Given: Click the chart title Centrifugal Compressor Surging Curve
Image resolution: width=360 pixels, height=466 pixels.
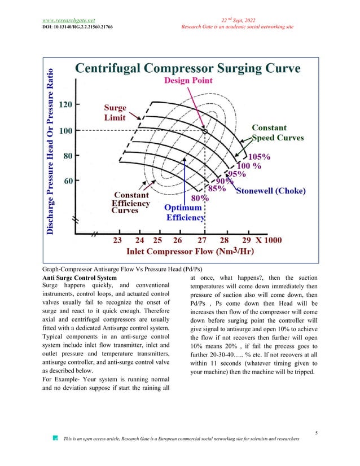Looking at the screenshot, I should pyautogui.click(x=188, y=69).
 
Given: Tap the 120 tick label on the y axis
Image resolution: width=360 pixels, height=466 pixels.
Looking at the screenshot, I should pyautogui.click(x=65, y=105).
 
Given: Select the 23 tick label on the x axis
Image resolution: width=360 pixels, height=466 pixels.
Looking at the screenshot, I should pyautogui.click(x=117, y=239).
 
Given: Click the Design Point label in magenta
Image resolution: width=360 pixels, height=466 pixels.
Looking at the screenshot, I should pyautogui.click(x=188, y=81).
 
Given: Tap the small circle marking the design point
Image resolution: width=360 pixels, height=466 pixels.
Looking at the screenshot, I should pyautogui.click(x=205, y=131).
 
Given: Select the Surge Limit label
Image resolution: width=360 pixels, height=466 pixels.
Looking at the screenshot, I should pyautogui.click(x=115, y=112).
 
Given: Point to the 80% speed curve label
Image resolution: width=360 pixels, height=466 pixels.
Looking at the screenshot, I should pyautogui.click(x=199, y=199).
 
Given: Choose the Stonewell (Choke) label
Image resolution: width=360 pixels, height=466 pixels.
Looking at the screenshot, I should pyautogui.click(x=270, y=191).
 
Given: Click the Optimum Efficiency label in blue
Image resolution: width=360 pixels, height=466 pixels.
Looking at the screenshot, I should pyautogui.click(x=185, y=212).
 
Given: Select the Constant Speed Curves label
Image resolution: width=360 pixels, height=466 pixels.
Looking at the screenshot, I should pyautogui.click(x=277, y=133).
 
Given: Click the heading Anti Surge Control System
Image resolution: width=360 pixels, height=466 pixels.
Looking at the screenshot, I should pyautogui.click(x=80, y=278).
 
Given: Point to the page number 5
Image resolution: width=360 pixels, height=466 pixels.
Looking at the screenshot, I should pyautogui.click(x=317, y=433).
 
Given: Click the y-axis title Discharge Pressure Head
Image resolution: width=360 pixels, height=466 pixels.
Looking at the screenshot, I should pyautogui.click(x=51, y=151).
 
